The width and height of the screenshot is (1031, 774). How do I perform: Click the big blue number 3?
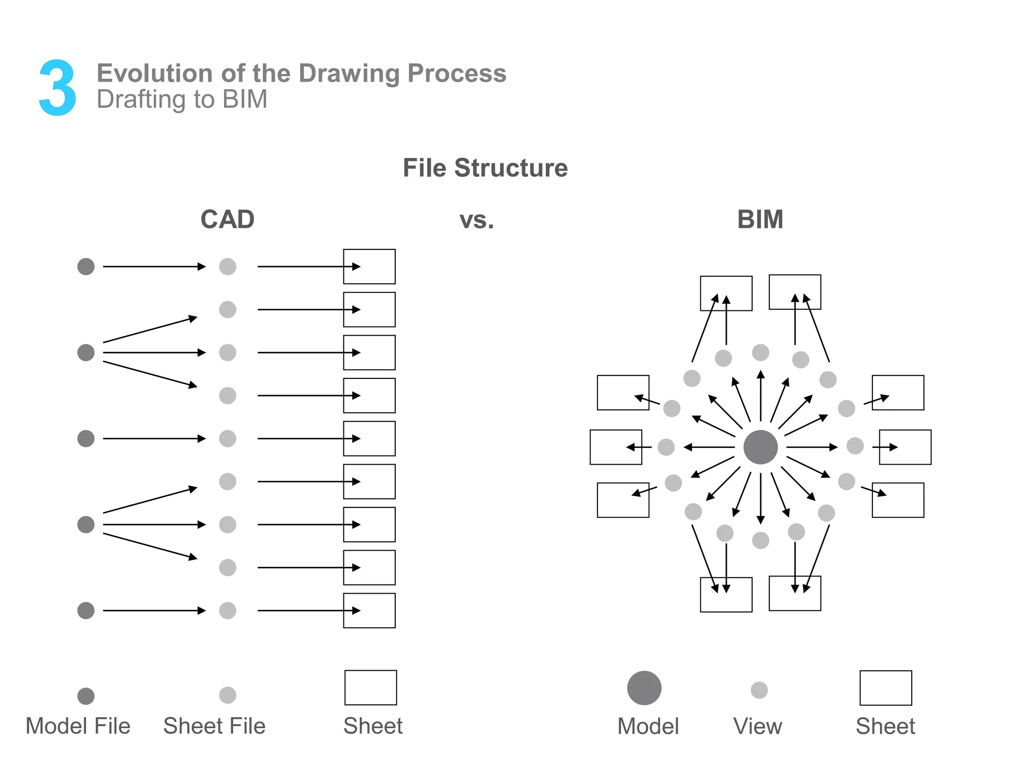[57, 88]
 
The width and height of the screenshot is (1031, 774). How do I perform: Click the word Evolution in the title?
[151, 74]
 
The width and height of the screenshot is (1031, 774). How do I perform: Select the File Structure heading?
[485, 168]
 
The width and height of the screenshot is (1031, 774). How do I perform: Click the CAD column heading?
[228, 220]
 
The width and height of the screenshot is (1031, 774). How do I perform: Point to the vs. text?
[476, 220]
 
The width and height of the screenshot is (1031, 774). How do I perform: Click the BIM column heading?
[760, 220]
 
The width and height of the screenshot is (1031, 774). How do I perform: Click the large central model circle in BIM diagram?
[760, 447]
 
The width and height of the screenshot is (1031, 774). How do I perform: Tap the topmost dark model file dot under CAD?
[86, 267]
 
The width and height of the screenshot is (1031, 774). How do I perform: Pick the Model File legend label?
[78, 726]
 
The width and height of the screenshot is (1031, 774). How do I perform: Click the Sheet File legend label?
[214, 726]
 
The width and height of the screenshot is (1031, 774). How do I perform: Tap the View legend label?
[758, 726]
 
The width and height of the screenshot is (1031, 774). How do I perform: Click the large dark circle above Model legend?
[644, 688]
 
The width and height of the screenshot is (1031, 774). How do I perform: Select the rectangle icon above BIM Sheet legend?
[886, 688]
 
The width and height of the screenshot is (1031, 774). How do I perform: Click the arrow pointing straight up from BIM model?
[761, 396]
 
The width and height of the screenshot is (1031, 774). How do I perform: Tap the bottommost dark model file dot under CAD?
[86, 610]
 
